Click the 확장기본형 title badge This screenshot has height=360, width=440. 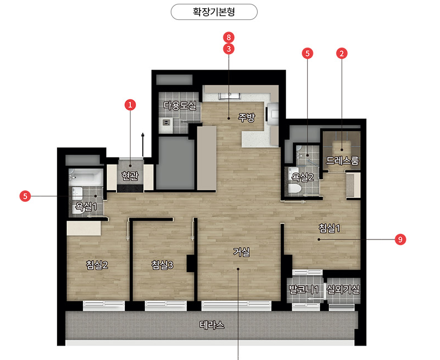pyautogui.click(x=214, y=12)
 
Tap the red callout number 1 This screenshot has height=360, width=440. pyautogui.click(x=130, y=105)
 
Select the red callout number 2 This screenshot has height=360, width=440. pyautogui.click(x=342, y=53)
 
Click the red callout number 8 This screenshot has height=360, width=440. pyautogui.click(x=229, y=38)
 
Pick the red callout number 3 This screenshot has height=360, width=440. pyautogui.click(x=229, y=49)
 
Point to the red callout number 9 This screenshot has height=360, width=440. pyautogui.click(x=400, y=239)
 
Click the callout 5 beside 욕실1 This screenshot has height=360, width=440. pyautogui.click(x=25, y=196)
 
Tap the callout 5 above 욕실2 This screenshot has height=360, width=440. pyautogui.click(x=307, y=53)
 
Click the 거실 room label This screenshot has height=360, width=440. pyautogui.click(x=242, y=252)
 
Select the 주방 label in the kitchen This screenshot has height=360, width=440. pyautogui.click(x=247, y=117)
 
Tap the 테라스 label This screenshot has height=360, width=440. pyautogui.click(x=212, y=325)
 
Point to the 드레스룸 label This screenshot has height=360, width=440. pyautogui.click(x=342, y=160)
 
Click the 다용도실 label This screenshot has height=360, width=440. pyautogui.click(x=180, y=106)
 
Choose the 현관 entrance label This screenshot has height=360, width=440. pyautogui.click(x=130, y=176)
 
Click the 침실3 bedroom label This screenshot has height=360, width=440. pyautogui.click(x=162, y=265)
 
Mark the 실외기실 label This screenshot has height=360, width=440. pyautogui.click(x=343, y=289)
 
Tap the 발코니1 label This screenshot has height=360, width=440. pyautogui.click(x=303, y=289)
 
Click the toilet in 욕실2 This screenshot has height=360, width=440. pyautogui.click(x=294, y=189)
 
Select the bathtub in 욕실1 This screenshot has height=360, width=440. pyautogui.click(x=86, y=176)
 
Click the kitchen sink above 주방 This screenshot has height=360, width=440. pyautogui.click(x=229, y=96)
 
